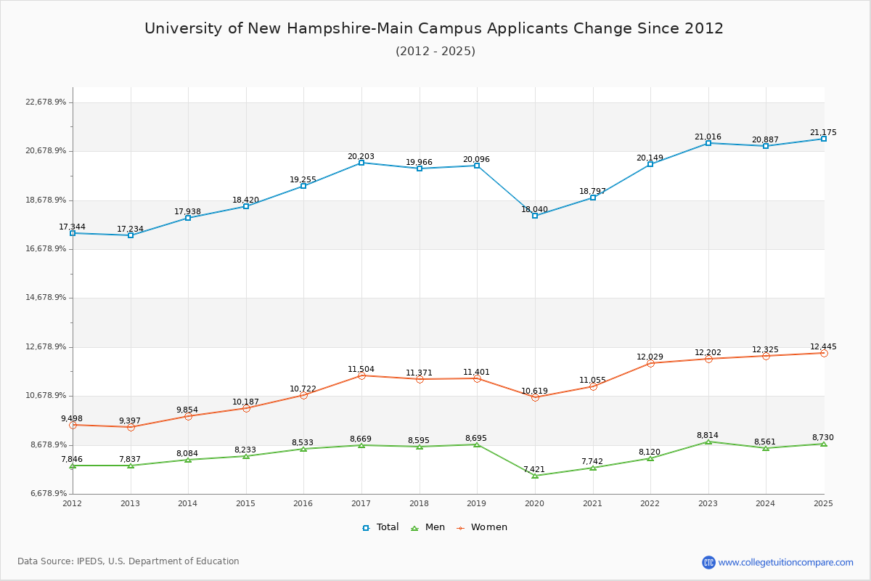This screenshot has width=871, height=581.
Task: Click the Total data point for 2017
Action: (361, 163)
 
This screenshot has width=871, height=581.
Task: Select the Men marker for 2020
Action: (535, 476)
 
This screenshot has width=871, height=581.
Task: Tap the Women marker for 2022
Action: (650, 363)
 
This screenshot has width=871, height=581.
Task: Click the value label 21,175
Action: (823, 133)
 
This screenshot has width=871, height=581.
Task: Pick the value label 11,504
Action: (361, 369)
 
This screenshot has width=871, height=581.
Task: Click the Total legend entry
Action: (381, 527)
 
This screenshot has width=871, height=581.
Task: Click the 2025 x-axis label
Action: (823, 503)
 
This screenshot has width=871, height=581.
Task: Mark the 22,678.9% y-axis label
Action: (46, 102)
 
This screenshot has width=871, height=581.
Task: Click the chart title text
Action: (434, 28)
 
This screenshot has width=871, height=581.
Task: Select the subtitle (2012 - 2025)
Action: (435, 52)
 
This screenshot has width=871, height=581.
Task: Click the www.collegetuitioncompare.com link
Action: (785, 562)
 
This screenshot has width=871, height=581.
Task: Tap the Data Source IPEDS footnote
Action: (128, 561)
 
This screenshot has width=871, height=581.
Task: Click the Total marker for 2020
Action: (535, 216)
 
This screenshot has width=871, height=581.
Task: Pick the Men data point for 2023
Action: (708, 442)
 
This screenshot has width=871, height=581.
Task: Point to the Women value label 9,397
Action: (131, 421)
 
